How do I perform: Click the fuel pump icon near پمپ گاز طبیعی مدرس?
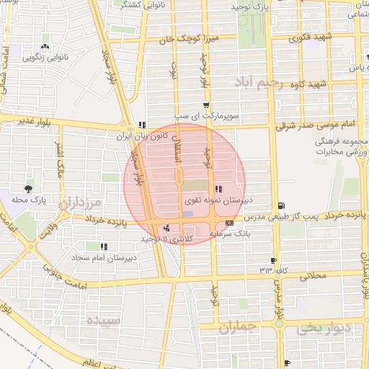click(x=280, y=205)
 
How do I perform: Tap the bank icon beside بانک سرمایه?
click(x=229, y=223)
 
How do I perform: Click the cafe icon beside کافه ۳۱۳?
click(x=273, y=260)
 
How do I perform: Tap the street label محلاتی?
click(x=312, y=275)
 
